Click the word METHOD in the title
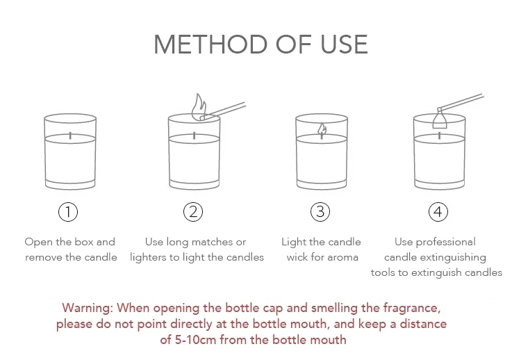(210, 44)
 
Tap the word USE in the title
(344, 44)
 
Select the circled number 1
(68, 212)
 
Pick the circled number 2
(193, 212)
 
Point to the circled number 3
(320, 212)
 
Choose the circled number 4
(438, 212)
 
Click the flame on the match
(199, 106)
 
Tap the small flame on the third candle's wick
(322, 130)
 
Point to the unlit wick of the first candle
(70, 136)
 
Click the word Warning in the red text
(88, 308)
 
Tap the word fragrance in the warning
(412, 309)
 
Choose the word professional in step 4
(446, 243)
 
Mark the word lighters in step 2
(145, 258)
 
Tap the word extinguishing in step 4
(454, 258)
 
